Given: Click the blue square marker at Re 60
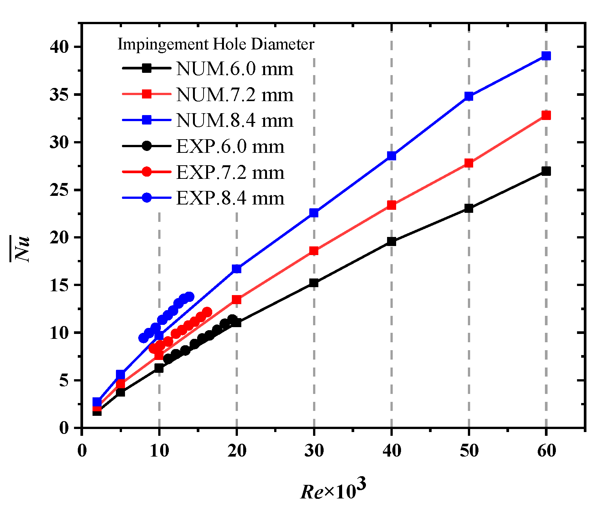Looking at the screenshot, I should pos(546,56).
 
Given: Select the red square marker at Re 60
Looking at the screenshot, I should pos(546,115).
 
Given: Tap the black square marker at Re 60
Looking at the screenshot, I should pos(546,171).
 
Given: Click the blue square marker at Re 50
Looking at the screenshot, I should pos(469,96).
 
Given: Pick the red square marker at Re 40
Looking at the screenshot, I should pos(392,205).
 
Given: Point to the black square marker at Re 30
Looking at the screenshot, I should pos(314,283).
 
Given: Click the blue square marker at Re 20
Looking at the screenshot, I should pos(236,269).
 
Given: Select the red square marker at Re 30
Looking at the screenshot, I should pos(314,251).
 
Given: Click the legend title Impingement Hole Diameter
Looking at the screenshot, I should pos(216,44).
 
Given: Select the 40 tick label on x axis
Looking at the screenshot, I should pos(392,450).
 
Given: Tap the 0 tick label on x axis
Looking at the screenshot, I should pos(82,450).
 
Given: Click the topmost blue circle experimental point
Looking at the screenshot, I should pos(189,297).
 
